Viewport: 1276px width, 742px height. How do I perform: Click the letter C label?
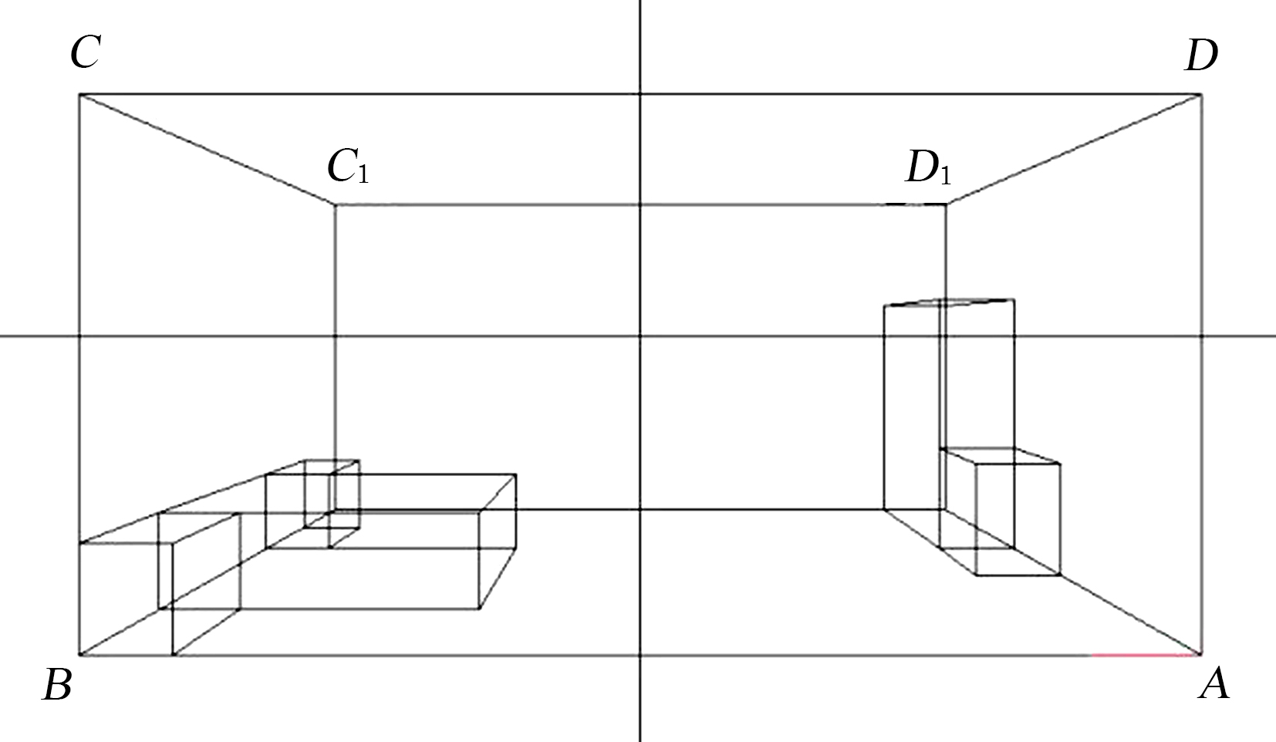point(86,52)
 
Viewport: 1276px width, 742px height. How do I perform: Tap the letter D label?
point(1201,56)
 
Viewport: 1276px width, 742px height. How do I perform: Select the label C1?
point(348,167)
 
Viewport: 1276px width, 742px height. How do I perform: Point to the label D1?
point(928,169)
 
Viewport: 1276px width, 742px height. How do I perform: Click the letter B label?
point(58,684)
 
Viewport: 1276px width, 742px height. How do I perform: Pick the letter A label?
point(1214,683)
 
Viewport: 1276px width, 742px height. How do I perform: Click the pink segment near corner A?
point(1142,656)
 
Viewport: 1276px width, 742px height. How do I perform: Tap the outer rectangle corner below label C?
point(79,94)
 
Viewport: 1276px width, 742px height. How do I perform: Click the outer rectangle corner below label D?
point(1202,95)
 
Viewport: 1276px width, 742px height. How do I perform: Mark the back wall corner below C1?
point(334,204)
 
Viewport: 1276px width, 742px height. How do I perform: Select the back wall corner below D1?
point(946,204)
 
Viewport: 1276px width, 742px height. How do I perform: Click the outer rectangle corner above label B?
point(79,656)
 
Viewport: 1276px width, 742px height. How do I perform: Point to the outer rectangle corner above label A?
point(1202,656)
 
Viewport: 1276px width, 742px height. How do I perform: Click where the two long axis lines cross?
point(640,336)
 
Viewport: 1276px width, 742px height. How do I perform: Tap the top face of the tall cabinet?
point(949,302)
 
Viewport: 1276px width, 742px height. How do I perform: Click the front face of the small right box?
point(1018,519)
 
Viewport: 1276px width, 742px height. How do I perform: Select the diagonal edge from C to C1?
point(207,149)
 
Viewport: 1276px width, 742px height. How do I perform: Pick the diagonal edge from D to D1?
point(1074,149)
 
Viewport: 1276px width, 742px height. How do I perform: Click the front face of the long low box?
point(326,561)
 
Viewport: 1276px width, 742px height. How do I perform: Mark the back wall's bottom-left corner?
point(334,510)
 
